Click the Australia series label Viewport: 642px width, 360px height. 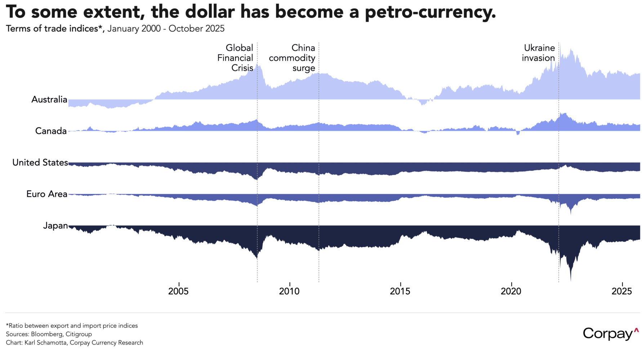[x=49, y=99]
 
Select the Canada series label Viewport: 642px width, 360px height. [x=51, y=131]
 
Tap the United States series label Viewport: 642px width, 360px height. [x=40, y=162]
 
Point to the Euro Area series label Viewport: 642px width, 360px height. [x=47, y=194]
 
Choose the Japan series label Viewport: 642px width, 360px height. [x=55, y=226]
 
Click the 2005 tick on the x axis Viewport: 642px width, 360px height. [x=178, y=291]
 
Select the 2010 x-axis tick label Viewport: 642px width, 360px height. [x=289, y=291]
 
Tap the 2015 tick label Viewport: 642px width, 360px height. [x=400, y=291]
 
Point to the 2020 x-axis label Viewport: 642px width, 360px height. [x=511, y=291]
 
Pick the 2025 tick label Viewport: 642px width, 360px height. [x=622, y=291]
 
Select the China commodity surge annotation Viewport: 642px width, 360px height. [x=292, y=58]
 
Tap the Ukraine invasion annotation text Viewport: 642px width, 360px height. [x=539, y=53]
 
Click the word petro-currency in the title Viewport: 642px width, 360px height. [x=430, y=12]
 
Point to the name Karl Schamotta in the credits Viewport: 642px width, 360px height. [x=46, y=343]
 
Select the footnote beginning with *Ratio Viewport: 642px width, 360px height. [x=72, y=326]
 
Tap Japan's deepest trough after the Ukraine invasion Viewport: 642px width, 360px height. [x=571, y=279]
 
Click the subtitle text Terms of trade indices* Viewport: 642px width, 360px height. [x=55, y=29]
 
